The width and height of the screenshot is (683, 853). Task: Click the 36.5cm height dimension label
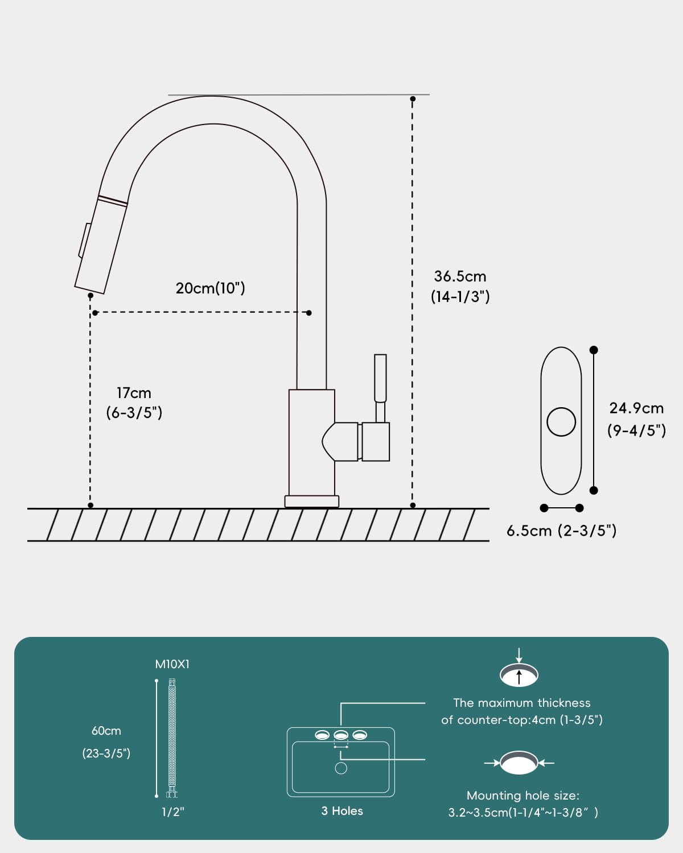tap(460, 287)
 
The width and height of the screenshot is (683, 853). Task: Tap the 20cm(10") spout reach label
tap(211, 288)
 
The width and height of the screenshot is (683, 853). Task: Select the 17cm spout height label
tap(134, 403)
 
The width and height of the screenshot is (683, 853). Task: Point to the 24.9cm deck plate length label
tap(636, 419)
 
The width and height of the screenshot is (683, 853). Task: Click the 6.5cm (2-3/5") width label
tap(562, 531)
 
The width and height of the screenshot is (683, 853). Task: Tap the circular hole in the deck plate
tap(561, 422)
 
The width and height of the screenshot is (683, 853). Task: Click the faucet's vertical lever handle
tap(380, 388)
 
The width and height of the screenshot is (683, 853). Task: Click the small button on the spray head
tap(84, 240)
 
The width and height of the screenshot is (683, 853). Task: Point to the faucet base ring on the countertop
tap(312, 502)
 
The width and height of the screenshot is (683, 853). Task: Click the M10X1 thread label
tap(172, 664)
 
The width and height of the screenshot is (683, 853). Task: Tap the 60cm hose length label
tap(106, 742)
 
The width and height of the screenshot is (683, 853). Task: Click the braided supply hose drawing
tap(172, 738)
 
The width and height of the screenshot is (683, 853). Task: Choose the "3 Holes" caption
tap(342, 810)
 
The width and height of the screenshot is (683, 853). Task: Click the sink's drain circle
tap(341, 768)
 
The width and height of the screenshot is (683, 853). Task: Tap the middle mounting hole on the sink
tap(341, 735)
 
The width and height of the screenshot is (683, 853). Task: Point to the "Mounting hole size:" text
tap(522, 796)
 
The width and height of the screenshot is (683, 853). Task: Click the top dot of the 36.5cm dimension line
tap(413, 99)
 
